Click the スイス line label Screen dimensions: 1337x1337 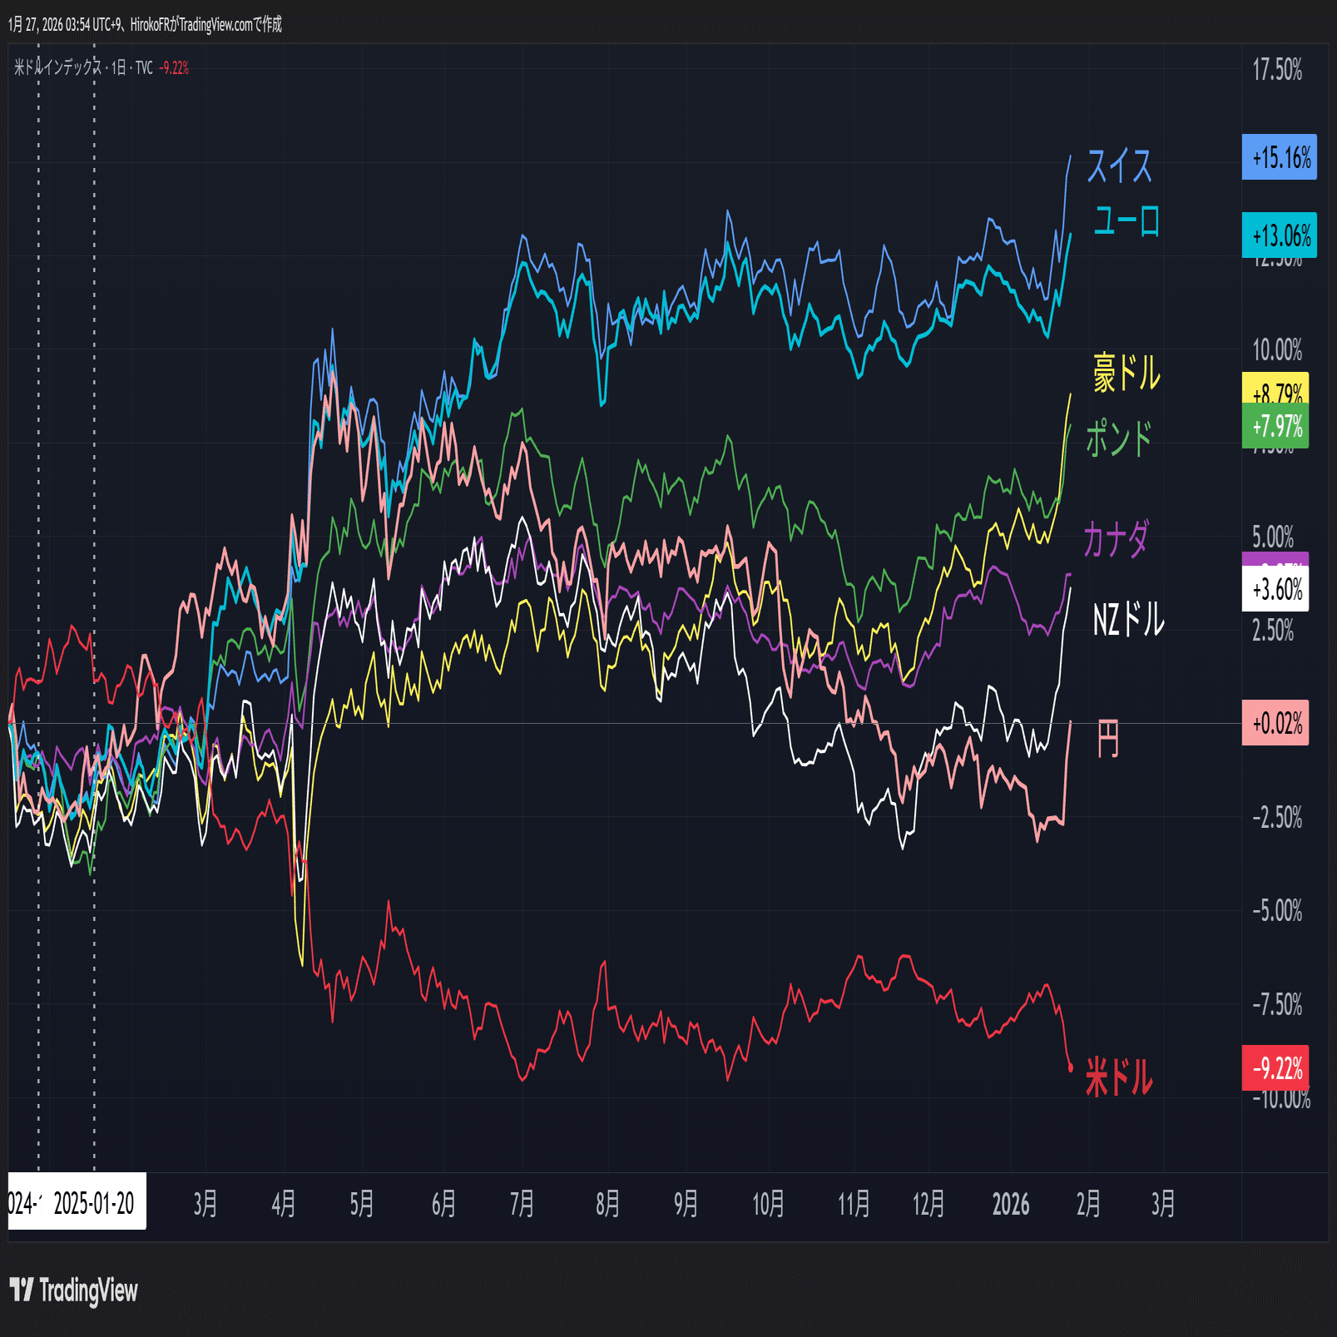(1119, 166)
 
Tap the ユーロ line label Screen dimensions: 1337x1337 (1126, 221)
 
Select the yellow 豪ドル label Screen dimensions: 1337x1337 (1127, 372)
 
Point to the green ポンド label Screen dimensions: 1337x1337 (1119, 438)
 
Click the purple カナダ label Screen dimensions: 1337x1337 (1116, 539)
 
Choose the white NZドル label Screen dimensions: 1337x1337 (1127, 620)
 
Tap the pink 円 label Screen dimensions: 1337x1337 (1107, 738)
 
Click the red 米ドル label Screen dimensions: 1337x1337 (1119, 1077)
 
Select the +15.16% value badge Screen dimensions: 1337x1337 (1279, 157)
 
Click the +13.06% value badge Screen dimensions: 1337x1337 (1279, 235)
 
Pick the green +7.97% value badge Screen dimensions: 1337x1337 (1275, 427)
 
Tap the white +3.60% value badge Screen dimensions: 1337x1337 (1275, 590)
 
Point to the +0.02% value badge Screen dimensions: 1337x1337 (1275, 723)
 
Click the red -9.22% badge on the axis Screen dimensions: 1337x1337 (1275, 1067)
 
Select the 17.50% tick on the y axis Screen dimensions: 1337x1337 (1277, 70)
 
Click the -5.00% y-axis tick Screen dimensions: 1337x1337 (1277, 910)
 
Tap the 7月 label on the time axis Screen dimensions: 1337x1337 (522, 1204)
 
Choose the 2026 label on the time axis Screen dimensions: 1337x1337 (1010, 1204)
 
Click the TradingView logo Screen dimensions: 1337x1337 (73, 1290)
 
